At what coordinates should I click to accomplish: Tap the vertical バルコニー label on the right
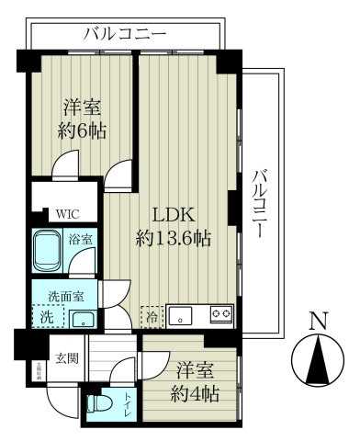(260, 202)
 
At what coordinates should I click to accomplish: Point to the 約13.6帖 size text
(174, 238)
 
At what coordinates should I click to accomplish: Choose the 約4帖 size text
(197, 396)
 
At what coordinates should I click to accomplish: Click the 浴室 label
(80, 240)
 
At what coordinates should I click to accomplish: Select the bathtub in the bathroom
(47, 251)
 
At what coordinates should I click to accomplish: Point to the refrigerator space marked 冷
(151, 314)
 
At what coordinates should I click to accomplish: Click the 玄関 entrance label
(65, 357)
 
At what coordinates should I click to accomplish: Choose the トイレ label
(127, 405)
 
